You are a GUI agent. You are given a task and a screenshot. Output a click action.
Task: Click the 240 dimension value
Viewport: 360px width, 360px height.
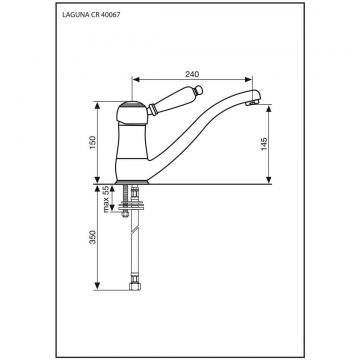(192, 74)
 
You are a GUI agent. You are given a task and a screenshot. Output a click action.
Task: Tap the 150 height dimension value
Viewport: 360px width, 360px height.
(92, 143)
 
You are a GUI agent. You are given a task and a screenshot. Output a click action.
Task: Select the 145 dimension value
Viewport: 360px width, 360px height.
(264, 144)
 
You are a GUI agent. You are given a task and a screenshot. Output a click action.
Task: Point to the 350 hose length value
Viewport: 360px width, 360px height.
(92, 237)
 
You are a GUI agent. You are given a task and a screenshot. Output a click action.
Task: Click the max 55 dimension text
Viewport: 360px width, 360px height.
(106, 199)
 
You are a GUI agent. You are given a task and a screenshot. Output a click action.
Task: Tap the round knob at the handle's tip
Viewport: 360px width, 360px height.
(198, 89)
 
